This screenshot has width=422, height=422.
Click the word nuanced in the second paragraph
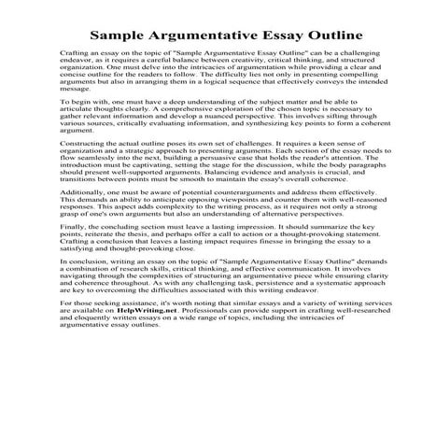coord(245,135)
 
